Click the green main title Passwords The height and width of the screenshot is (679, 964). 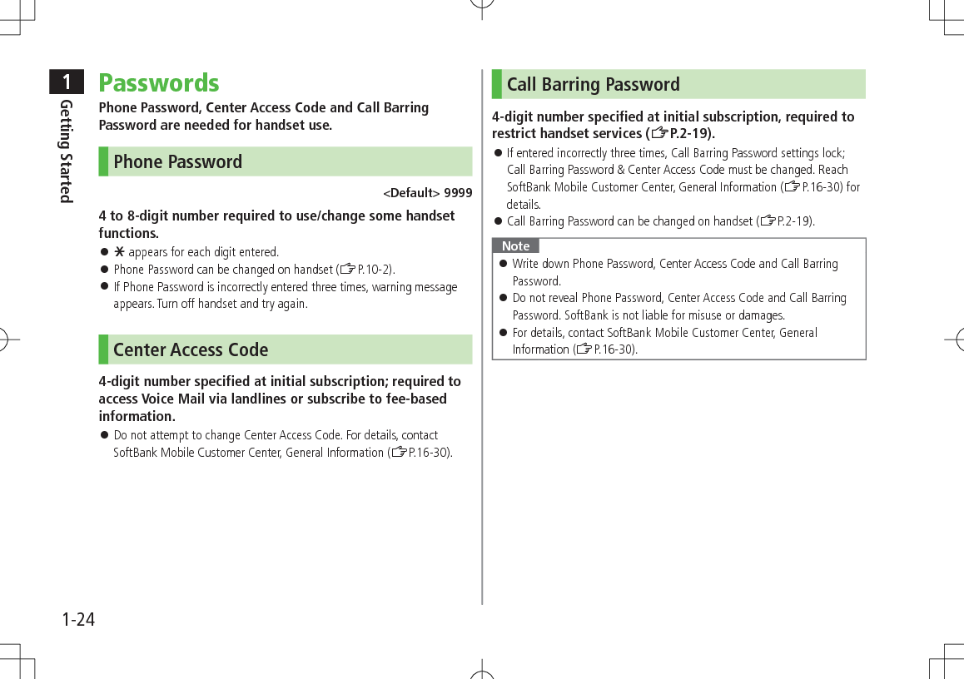[x=159, y=83]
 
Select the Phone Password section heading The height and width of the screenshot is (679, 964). [x=177, y=161]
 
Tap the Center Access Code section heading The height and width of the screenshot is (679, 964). [x=191, y=349]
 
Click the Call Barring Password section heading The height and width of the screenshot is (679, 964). [x=593, y=84]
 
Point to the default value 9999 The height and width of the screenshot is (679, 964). [x=458, y=193]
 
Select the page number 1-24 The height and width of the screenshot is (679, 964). [x=78, y=620]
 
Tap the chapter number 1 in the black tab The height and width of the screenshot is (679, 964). [x=66, y=82]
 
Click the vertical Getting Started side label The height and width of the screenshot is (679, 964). [x=67, y=151]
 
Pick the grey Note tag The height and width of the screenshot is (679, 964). [x=515, y=245]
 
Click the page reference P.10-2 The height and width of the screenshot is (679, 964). [x=374, y=270]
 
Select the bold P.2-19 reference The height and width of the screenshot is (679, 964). [x=688, y=134]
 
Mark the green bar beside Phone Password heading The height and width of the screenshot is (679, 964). [x=103, y=161]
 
